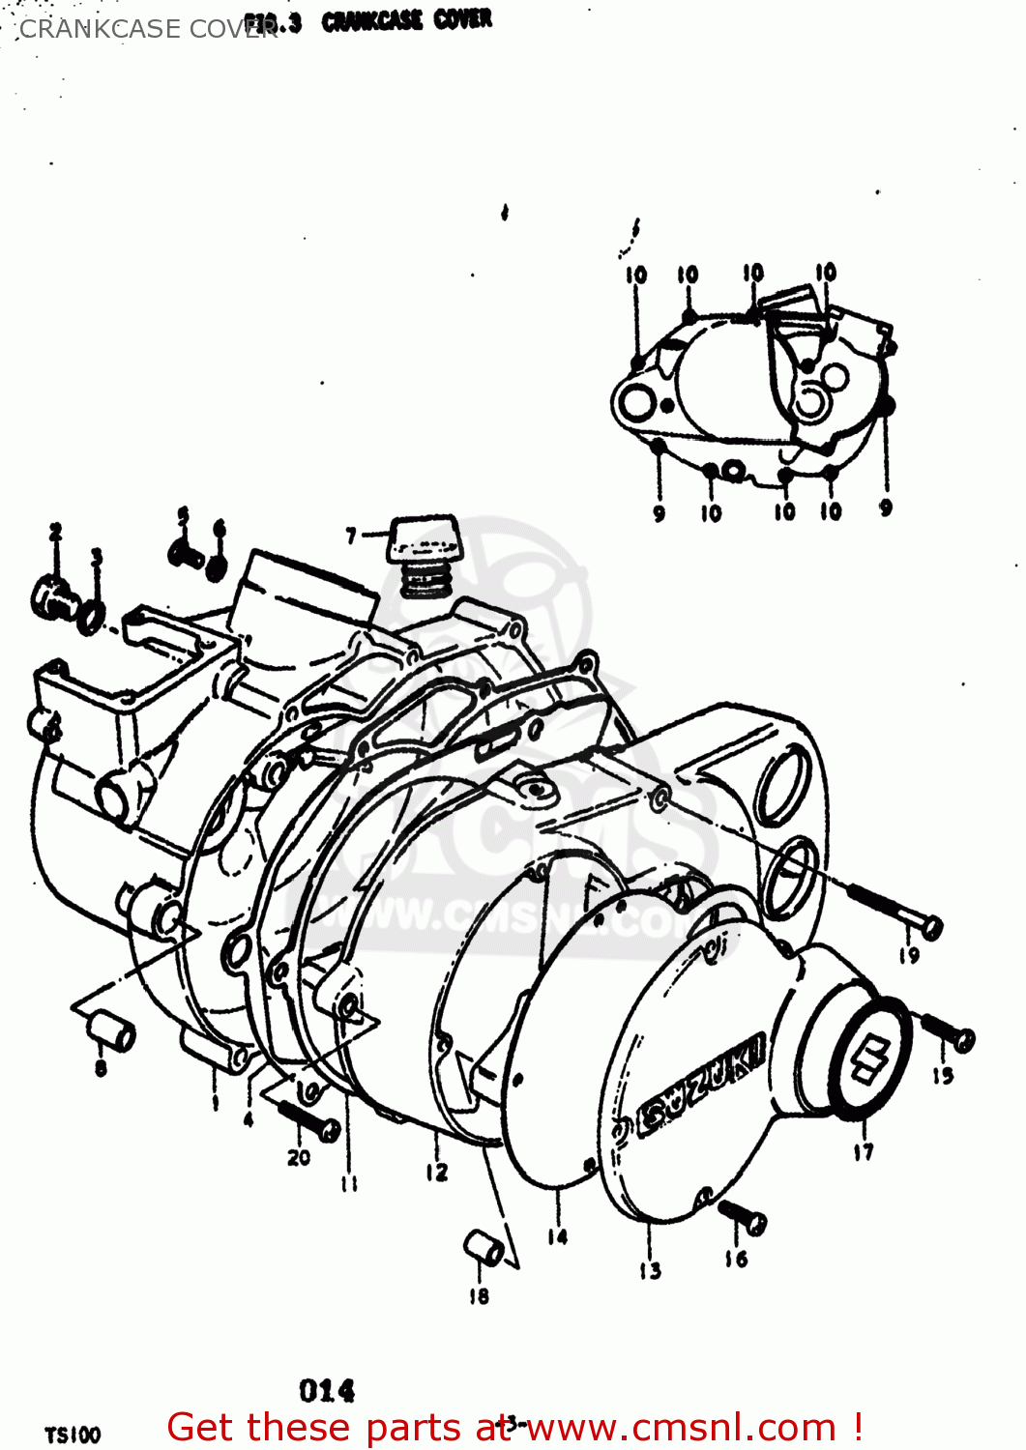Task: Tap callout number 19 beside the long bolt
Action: [x=909, y=955]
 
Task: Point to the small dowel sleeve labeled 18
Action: [x=483, y=1248]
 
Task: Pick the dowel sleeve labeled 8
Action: [x=111, y=1032]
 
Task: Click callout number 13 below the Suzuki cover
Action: [x=650, y=1270]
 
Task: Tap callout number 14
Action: [x=558, y=1236]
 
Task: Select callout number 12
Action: [x=437, y=1172]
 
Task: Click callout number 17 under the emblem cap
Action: [x=864, y=1151]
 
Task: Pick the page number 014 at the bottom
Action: [x=327, y=1391]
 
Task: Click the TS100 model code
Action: [x=73, y=1435]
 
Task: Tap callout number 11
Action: [x=349, y=1183]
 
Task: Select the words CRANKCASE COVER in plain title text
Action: [x=145, y=29]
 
